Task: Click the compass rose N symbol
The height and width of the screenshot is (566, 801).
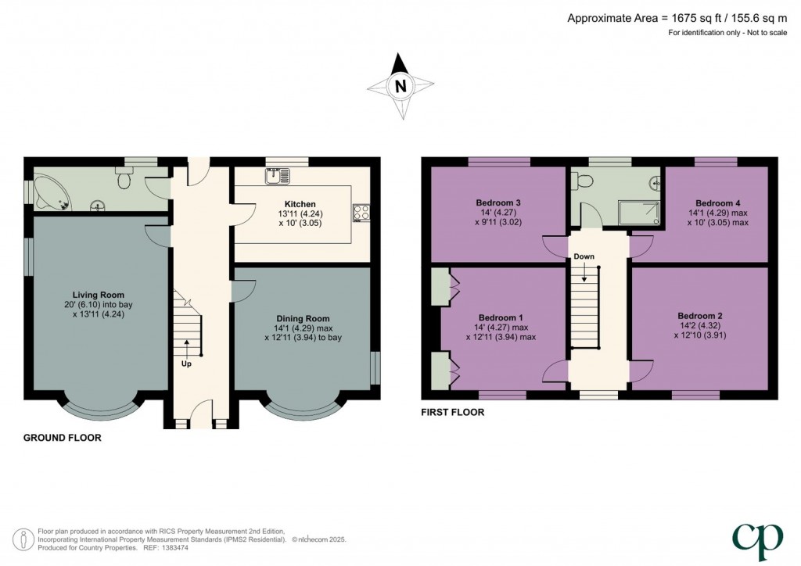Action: tap(400, 86)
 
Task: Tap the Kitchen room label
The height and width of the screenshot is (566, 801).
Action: tap(278, 204)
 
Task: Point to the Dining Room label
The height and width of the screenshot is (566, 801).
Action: tap(303, 318)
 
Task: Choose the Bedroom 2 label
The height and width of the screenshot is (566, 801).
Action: tap(699, 316)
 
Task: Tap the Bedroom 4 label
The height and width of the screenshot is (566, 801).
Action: tap(710, 202)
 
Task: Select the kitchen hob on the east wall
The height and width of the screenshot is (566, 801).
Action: tap(361, 213)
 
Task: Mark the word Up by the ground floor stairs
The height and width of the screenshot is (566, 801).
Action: tap(187, 364)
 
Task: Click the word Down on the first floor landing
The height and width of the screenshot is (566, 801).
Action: tap(584, 256)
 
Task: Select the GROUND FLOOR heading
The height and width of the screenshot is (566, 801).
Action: tap(63, 439)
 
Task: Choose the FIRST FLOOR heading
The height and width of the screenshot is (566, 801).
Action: tap(453, 413)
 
